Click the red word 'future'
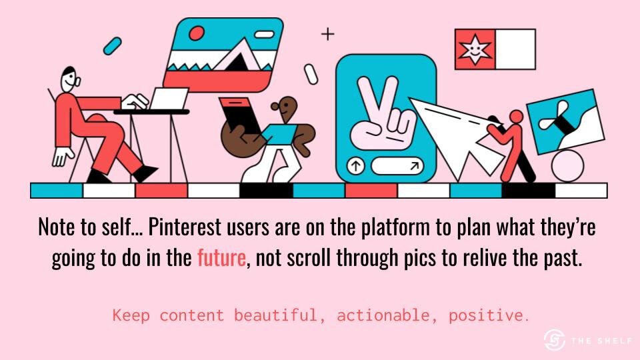coord(221,258)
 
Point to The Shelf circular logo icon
coord(555,339)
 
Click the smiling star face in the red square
coord(475,49)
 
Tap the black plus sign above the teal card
coord(327,34)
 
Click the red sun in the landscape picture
coord(197,33)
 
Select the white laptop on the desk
coord(168,99)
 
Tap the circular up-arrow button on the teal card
coord(355,166)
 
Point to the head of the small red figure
coord(516,117)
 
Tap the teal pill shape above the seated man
coord(112,46)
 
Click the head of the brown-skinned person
coord(286,108)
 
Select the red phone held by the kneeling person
coord(241,115)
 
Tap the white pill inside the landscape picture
coord(265,35)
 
